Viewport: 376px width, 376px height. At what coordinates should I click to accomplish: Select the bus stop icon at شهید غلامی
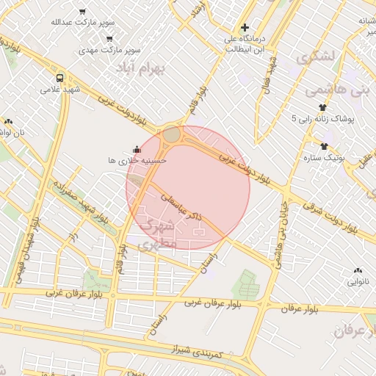point(59,78)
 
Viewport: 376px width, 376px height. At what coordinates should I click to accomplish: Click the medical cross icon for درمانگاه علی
point(245,27)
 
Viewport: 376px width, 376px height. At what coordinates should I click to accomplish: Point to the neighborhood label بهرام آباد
point(142,68)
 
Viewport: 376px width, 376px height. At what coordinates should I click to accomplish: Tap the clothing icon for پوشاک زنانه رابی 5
point(322,107)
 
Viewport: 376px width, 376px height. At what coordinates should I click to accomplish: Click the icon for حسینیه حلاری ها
point(135,149)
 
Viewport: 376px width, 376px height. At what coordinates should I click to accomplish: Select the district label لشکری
point(314,56)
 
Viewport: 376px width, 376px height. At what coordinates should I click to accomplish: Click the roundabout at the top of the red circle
point(172,134)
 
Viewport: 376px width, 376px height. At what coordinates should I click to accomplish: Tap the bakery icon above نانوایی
point(358,270)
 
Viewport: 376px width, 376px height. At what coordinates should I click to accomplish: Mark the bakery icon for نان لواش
point(8,121)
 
